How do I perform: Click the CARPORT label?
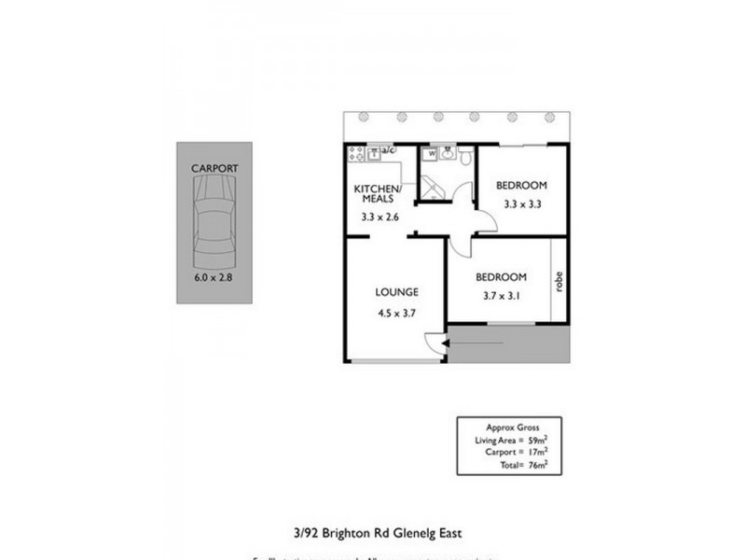(x=214, y=168)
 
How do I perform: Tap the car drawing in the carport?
(x=214, y=224)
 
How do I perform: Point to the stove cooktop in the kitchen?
(x=355, y=151)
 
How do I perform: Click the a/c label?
(x=389, y=150)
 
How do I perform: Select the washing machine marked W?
(x=432, y=156)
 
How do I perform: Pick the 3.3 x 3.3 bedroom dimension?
(x=521, y=203)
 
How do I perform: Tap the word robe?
(x=559, y=280)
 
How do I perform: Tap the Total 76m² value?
(x=534, y=462)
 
